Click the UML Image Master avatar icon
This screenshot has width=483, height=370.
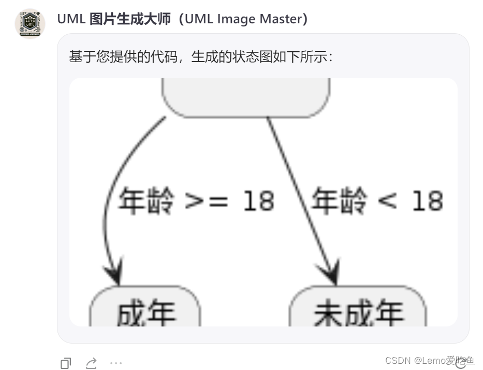pyautogui.click(x=30, y=24)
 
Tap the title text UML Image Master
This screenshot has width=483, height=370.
pyautogui.click(x=182, y=19)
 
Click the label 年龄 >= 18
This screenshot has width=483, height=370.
pyautogui.click(x=196, y=201)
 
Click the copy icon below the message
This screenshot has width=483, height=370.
pyautogui.click(x=66, y=363)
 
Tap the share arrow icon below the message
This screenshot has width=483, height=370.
pyautogui.click(x=91, y=363)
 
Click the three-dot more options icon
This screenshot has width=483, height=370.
pyautogui.click(x=116, y=363)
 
